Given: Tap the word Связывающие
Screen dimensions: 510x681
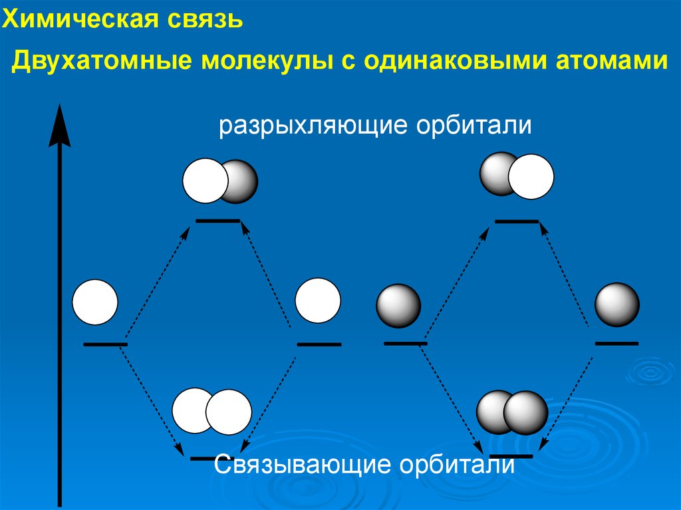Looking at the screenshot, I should tap(303, 465).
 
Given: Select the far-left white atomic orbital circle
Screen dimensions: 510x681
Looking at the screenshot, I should tap(95, 303).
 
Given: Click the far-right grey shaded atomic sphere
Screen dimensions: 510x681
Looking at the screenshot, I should tap(617, 305).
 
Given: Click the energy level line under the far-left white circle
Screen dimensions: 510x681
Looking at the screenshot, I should tap(105, 344).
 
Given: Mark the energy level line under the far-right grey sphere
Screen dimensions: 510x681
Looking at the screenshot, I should tap(616, 343).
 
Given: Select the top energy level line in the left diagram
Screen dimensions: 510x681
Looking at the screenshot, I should tap(217, 220).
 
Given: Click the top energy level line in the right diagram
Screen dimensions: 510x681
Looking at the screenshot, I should tap(517, 220).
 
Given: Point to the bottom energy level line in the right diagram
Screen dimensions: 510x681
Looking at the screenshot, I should tap(511, 456).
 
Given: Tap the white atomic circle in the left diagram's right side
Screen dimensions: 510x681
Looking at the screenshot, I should tap(318, 301).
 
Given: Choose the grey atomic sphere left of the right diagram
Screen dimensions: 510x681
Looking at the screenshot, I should tap(398, 307).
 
